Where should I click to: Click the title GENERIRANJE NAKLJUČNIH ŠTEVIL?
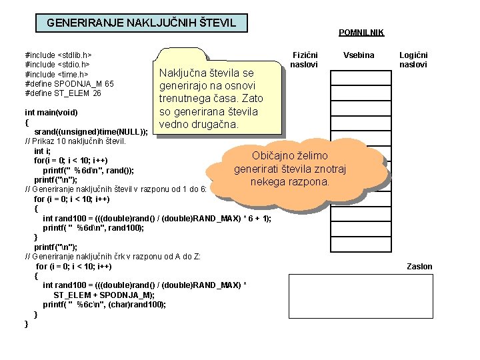pos(141,23)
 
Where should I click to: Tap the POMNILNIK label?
pos(361,32)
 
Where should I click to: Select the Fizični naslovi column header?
pos(305,59)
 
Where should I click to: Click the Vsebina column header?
pos(359,55)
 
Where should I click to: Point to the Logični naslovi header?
pos(413,59)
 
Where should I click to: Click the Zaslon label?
pos(419,266)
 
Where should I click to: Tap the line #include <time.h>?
pos(57,74)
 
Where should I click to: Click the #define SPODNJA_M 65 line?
pos(69,84)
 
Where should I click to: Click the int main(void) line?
pos(51,112)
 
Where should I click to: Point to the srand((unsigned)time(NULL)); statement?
pos(91,132)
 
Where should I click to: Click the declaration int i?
pos(43,151)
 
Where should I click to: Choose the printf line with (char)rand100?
pos(105,304)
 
